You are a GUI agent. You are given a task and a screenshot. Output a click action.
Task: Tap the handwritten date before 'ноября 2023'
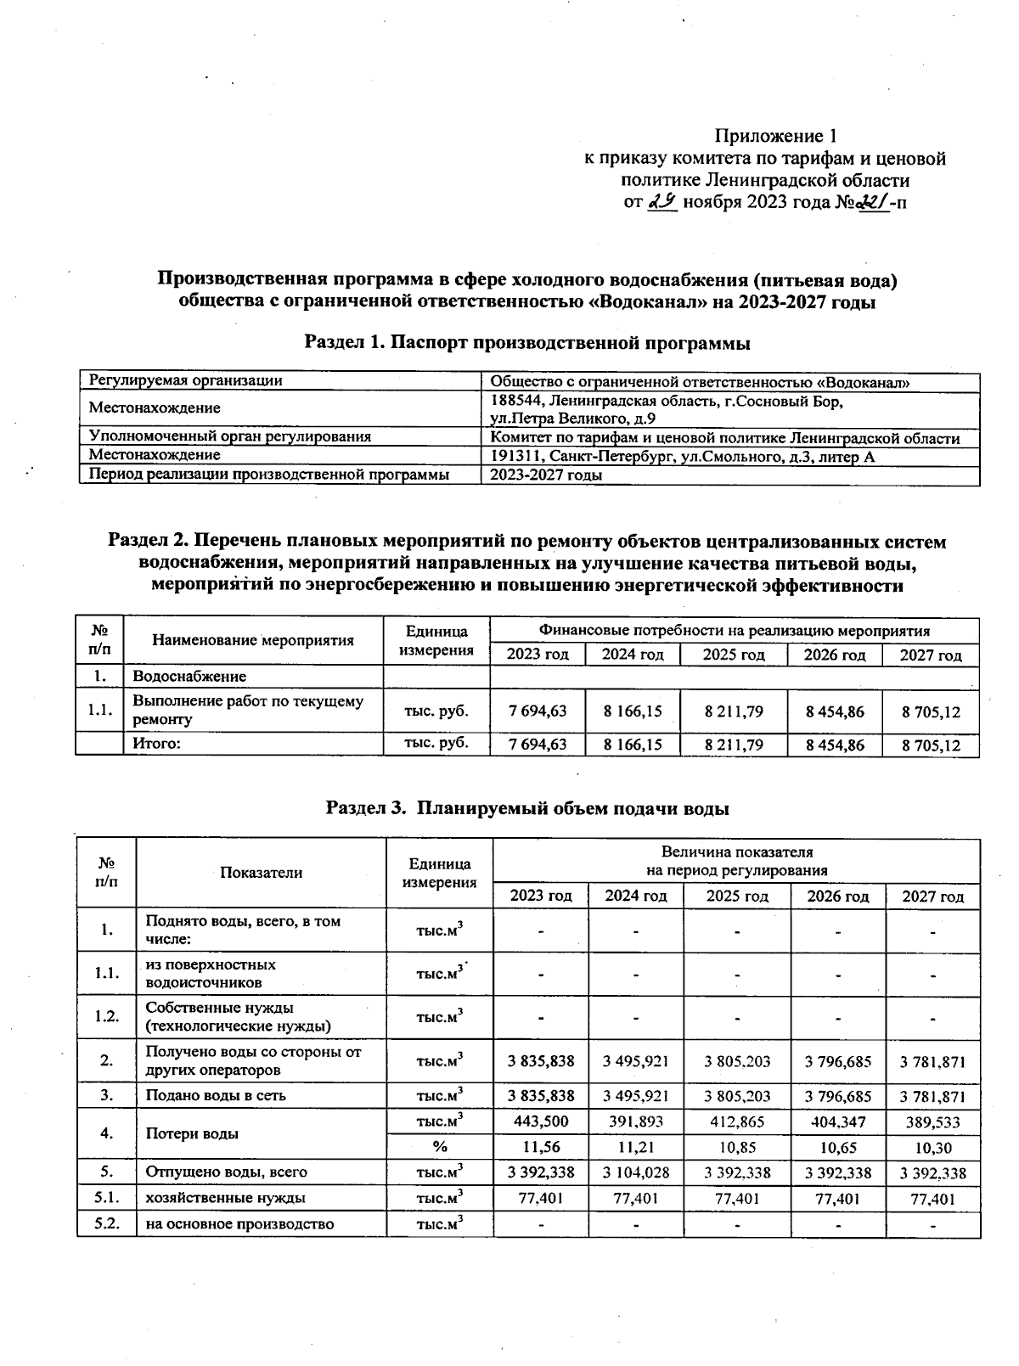(x=662, y=202)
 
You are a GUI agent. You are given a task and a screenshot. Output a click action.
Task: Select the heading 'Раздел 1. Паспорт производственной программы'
(x=527, y=343)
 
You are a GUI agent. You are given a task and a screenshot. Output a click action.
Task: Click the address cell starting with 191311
(x=683, y=457)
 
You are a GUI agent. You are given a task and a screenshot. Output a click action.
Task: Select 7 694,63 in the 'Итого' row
(x=538, y=745)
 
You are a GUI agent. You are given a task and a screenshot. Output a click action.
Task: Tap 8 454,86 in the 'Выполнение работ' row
(x=835, y=711)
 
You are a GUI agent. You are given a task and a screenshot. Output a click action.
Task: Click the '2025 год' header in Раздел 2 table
(x=735, y=655)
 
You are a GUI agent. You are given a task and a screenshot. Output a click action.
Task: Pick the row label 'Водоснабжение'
(x=189, y=677)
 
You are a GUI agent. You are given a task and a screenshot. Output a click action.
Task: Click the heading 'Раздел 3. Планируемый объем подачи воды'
(x=527, y=808)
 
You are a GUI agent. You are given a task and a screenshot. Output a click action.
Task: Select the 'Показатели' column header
(x=261, y=873)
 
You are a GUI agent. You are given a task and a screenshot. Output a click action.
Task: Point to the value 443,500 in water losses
(x=541, y=1121)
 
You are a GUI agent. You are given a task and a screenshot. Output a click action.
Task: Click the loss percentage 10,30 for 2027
(x=932, y=1148)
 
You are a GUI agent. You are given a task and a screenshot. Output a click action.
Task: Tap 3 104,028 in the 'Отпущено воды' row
(x=636, y=1172)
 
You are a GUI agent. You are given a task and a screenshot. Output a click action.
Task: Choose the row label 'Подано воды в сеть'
(x=216, y=1095)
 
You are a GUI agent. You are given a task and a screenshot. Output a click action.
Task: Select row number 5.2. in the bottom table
(x=107, y=1223)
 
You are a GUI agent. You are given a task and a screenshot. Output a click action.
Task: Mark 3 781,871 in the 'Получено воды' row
(x=932, y=1061)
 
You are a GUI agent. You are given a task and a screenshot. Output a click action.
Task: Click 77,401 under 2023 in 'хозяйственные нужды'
(x=541, y=1199)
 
